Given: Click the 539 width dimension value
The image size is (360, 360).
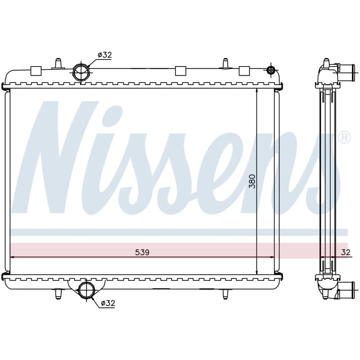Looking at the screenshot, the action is pos(142,252).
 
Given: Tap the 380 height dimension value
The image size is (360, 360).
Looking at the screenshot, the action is pos(252,181).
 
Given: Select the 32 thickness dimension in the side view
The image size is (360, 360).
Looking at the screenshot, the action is pos(346,252).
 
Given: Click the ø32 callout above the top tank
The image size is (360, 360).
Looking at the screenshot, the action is pos(104,55).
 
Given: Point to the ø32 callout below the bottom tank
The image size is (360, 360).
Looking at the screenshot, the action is pos(108,303).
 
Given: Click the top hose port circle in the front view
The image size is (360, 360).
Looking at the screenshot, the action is pos(81,72).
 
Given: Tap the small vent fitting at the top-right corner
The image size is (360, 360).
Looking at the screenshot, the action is pos(271,70).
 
